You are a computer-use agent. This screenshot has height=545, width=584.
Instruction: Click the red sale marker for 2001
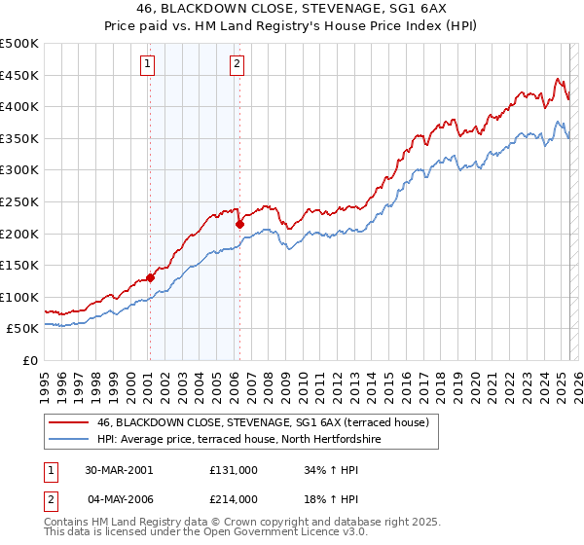151,277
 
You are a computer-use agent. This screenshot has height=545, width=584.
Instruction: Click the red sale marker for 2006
239,225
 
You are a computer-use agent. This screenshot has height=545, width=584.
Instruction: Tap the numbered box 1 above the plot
147,65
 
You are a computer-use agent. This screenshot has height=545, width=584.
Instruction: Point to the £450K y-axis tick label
19,75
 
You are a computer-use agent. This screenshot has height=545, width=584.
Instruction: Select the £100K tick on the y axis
19,297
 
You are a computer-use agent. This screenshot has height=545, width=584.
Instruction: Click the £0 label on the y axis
30,360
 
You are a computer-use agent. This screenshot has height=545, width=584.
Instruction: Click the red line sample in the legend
68,422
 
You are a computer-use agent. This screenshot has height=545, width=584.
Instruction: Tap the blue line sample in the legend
68,440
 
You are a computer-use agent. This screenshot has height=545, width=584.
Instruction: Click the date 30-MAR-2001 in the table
119,469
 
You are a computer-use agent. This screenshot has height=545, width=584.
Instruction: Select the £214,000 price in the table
234,498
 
